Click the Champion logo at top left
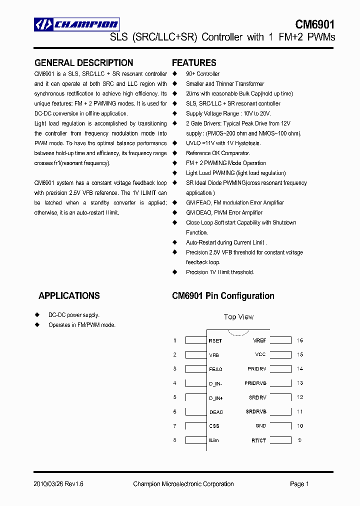coord(76,24)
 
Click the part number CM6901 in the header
coord(314,24)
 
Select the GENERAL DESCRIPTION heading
coord(83,63)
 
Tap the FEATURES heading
coord(194,63)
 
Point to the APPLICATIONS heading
coord(69,296)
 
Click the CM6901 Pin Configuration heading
coord(223,296)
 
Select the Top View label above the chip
coord(238,317)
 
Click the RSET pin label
coord(215,341)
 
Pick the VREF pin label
coord(259,340)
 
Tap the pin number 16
coord(300,340)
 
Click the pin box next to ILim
coord(195,440)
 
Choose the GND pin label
coord(260,426)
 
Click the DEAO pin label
coord(216,412)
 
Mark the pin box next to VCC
coord(281,354)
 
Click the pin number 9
coord(299,440)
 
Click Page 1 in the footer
coord(299,484)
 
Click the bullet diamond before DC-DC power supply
coord(37,315)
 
